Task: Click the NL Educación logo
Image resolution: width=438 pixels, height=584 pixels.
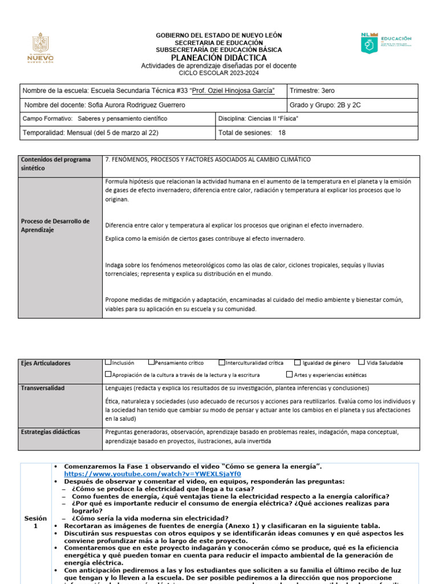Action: [x=386, y=43]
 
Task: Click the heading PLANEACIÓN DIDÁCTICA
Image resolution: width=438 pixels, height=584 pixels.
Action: [x=218, y=58]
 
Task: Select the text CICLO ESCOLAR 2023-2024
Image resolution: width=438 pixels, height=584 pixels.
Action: [x=218, y=74]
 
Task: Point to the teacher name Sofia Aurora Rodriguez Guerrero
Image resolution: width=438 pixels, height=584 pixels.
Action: [x=136, y=106]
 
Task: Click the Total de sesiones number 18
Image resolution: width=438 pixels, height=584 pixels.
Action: [x=282, y=133]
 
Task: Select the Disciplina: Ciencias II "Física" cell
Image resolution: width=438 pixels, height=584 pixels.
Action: [x=258, y=119]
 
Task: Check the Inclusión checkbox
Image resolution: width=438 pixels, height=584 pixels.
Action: [x=108, y=362]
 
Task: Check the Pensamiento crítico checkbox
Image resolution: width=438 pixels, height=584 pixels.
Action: [x=151, y=362]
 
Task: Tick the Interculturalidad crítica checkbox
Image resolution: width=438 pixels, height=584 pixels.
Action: [x=222, y=362]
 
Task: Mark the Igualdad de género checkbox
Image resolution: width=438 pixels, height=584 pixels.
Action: [x=298, y=362]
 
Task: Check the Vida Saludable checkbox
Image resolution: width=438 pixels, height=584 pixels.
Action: [x=362, y=362]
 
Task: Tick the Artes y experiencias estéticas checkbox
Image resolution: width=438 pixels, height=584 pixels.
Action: [x=289, y=375]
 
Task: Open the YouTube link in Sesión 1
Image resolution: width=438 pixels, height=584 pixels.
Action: [x=152, y=474]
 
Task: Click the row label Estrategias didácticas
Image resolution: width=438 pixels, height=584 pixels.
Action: [x=50, y=432]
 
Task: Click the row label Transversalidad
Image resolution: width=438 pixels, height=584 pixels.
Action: [x=42, y=388]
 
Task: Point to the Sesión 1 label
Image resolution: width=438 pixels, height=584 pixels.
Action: [x=35, y=522]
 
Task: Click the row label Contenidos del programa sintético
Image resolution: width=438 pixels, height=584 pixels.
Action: [x=56, y=164]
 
